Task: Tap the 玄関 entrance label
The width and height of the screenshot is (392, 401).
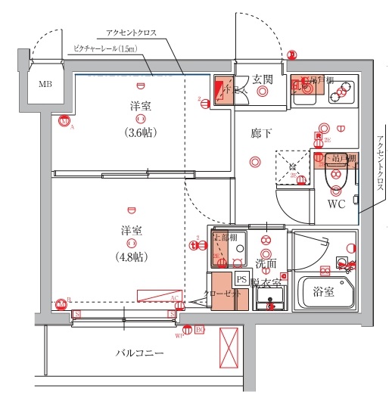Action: pyautogui.click(x=263, y=79)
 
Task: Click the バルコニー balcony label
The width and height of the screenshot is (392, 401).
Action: pyautogui.click(x=140, y=353)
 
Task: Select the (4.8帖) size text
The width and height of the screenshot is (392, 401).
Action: pyautogui.click(x=132, y=256)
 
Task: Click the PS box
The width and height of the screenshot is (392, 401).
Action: pyautogui.click(x=241, y=279)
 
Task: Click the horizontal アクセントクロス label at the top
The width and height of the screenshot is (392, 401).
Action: pyautogui.click(x=131, y=33)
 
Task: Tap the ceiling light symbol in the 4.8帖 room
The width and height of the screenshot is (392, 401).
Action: pyautogui.click(x=132, y=243)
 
